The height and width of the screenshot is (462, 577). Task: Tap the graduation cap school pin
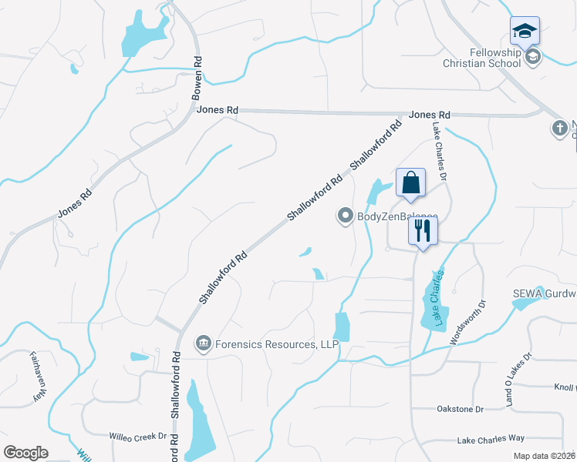coord(525,31)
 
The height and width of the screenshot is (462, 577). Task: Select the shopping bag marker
coord(410,183)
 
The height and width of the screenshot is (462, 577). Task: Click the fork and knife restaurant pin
coord(423,230)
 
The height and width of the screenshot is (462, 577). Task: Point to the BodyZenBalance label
coord(396,217)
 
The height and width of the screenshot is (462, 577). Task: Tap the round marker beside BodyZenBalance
coord(345,216)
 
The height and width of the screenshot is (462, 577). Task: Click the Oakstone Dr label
coord(460,409)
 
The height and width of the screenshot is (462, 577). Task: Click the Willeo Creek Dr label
coord(138,436)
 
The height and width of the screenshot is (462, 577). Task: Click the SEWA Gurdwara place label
coord(545,293)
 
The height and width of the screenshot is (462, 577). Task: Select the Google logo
coord(25,453)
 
